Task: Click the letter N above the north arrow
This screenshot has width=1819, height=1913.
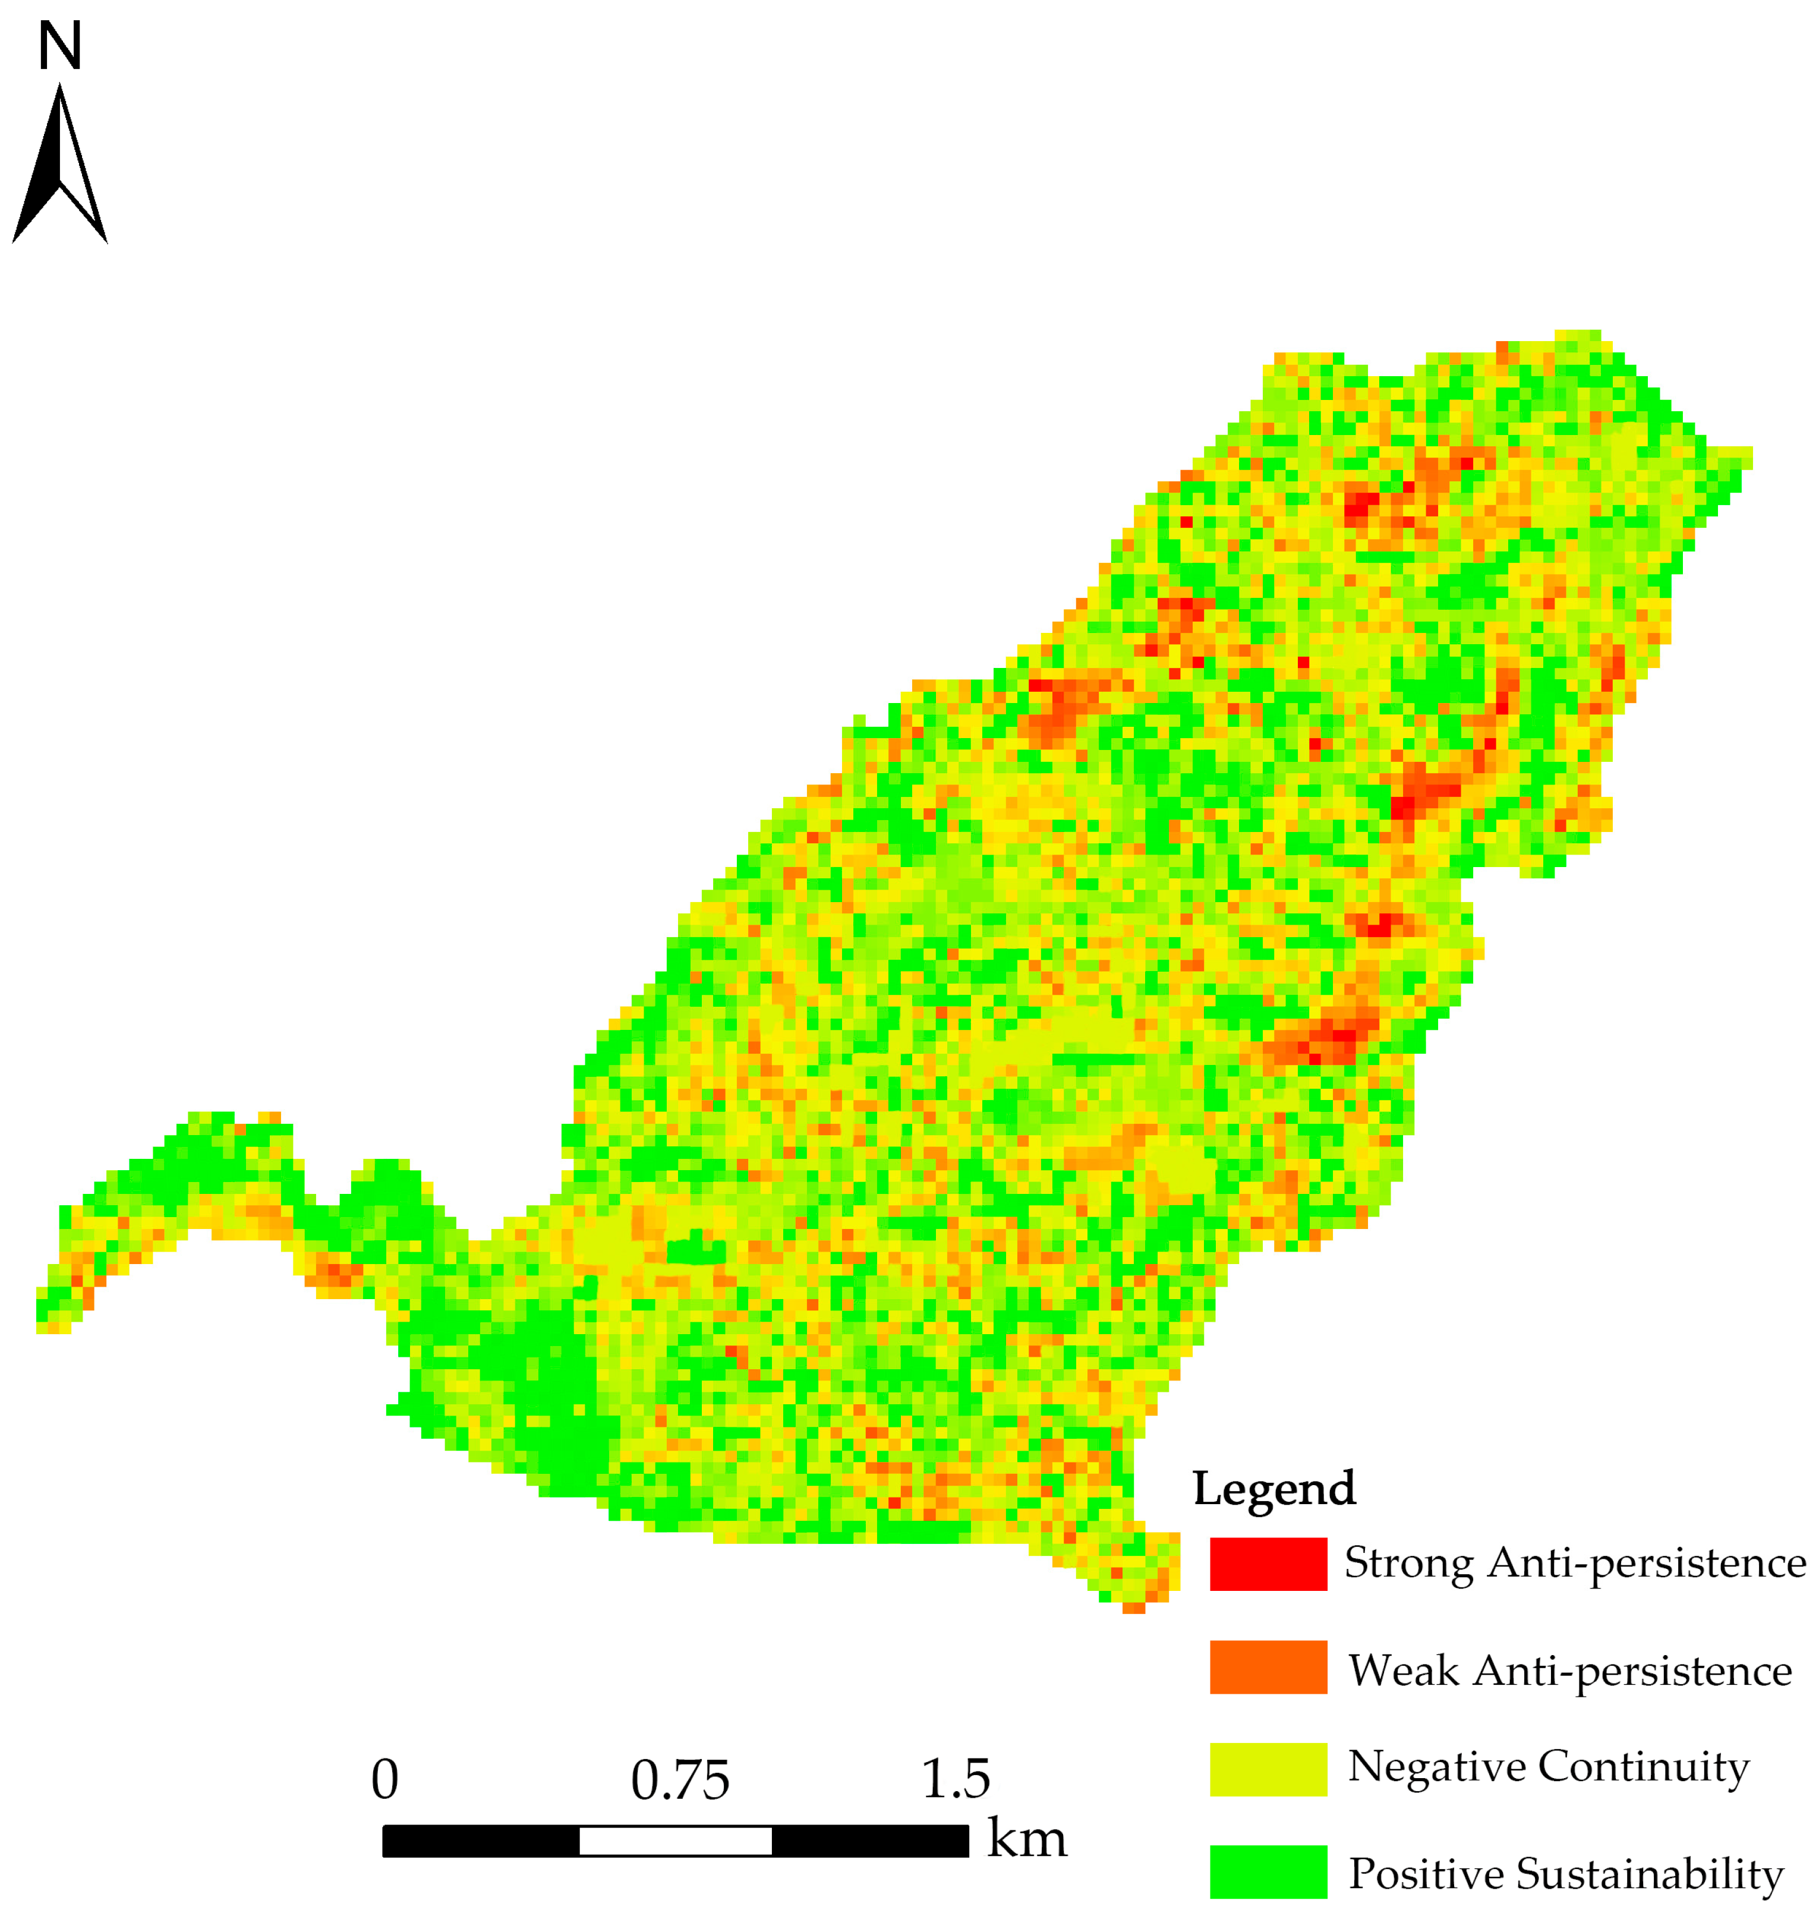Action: click(59, 46)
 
